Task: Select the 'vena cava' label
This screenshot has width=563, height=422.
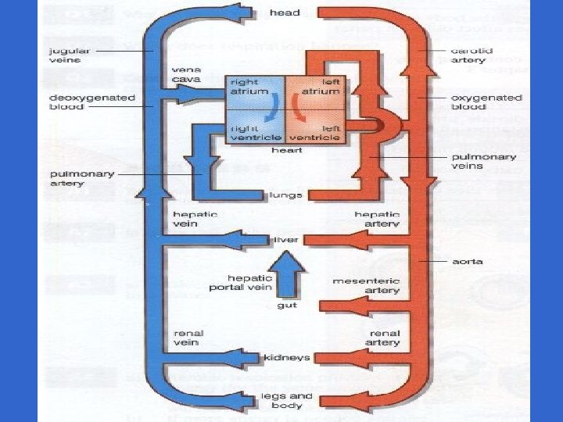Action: point(186,74)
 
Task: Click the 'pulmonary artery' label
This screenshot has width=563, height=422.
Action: point(82,178)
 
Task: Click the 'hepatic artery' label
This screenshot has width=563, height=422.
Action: point(377,220)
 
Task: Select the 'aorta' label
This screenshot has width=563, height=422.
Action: point(468,262)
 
